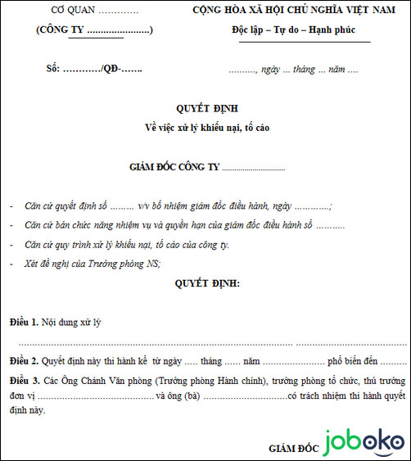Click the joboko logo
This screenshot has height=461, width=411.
point(361,443)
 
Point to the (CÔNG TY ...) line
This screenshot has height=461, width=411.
point(94,31)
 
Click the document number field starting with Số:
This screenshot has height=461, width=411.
point(94,70)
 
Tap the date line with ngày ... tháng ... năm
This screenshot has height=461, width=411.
point(293,70)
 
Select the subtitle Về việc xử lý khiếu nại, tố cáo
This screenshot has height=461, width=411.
point(205,127)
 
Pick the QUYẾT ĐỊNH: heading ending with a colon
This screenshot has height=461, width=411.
point(207,282)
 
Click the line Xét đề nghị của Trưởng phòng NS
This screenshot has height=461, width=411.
point(93,263)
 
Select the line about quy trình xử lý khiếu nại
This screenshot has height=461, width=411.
point(127,244)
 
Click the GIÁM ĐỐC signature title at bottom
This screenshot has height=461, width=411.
point(291,448)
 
